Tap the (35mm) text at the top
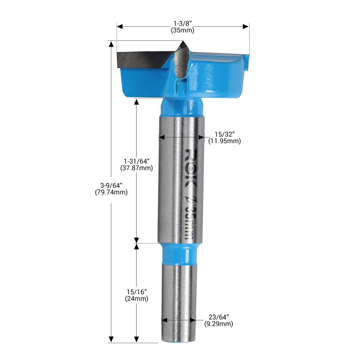coord(182,30)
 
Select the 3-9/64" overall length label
coord(111,186)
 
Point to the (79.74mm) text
coord(111,192)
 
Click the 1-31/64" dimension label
coord(136,161)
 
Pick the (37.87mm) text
coord(136,168)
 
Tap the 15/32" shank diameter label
coord(224,134)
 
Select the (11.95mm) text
coord(224,141)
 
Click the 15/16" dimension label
coord(136,292)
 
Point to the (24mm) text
coord(136,299)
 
